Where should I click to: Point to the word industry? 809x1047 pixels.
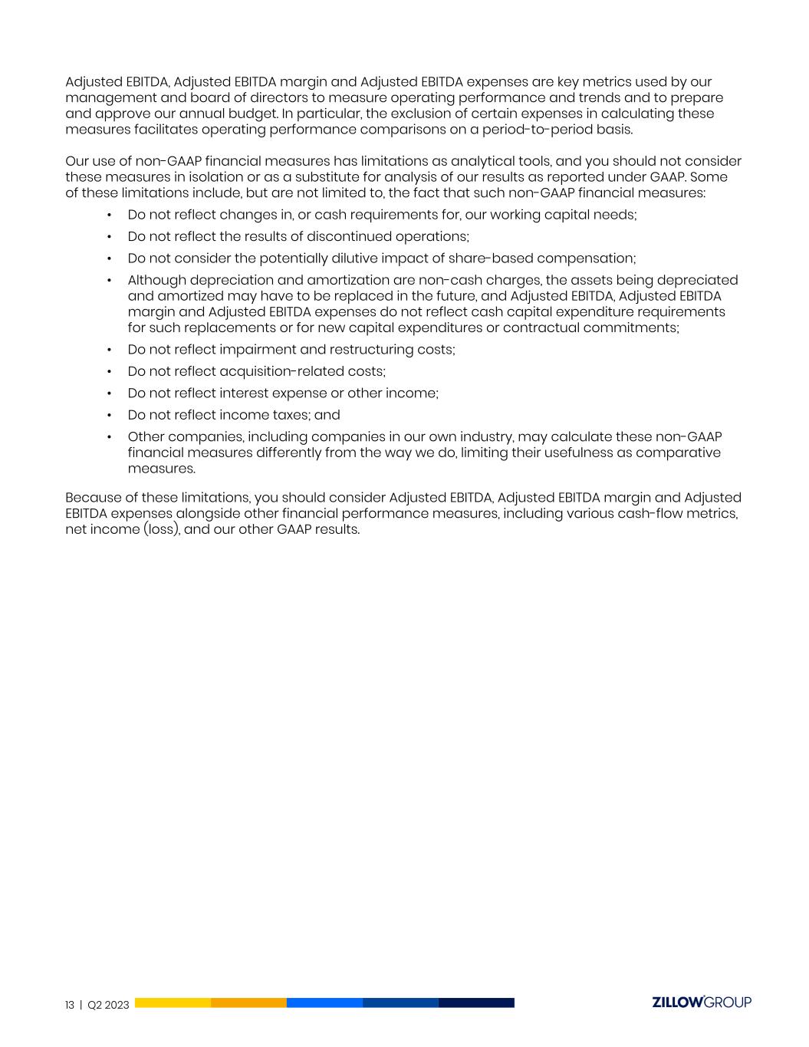pyautogui.click(x=482, y=437)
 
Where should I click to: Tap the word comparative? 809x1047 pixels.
pyautogui.click(x=676, y=453)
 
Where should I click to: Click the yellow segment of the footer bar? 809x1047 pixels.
pyautogui.click(x=173, y=1003)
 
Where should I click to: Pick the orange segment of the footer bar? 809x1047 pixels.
pyautogui.click(x=248, y=1003)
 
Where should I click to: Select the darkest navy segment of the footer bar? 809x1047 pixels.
pyautogui.click(x=476, y=1003)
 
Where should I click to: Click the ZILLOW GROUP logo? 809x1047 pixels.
pyautogui.click(x=701, y=1003)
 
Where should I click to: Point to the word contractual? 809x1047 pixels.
pyautogui.click(x=549, y=328)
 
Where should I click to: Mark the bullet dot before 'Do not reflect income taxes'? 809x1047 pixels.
pyautogui.click(x=110, y=415)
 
